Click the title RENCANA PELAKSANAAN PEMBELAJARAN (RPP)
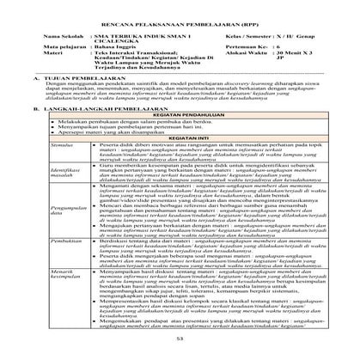[x=180, y=22]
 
